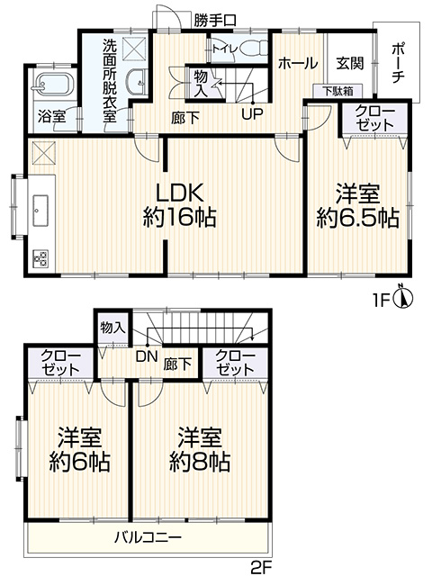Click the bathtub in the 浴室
(54, 85)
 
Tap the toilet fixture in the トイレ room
(255, 48)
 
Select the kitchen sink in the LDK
(40, 211)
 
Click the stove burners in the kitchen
(40, 258)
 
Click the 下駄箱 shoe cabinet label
(338, 91)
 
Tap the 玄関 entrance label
(350, 64)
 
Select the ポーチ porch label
(398, 63)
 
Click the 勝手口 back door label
(215, 21)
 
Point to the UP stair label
(252, 114)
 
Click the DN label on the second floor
(147, 356)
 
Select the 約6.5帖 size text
(358, 218)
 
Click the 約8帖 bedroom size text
(200, 462)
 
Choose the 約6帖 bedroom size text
(79, 462)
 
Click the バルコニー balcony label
(148, 538)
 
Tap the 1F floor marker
(382, 301)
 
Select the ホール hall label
(298, 64)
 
